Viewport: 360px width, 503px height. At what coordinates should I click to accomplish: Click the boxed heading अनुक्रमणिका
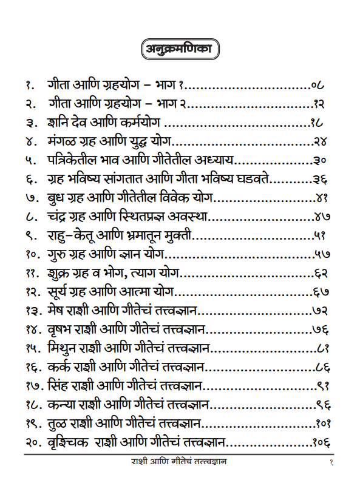180,49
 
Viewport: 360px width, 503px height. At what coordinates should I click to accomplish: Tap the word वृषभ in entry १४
59,330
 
